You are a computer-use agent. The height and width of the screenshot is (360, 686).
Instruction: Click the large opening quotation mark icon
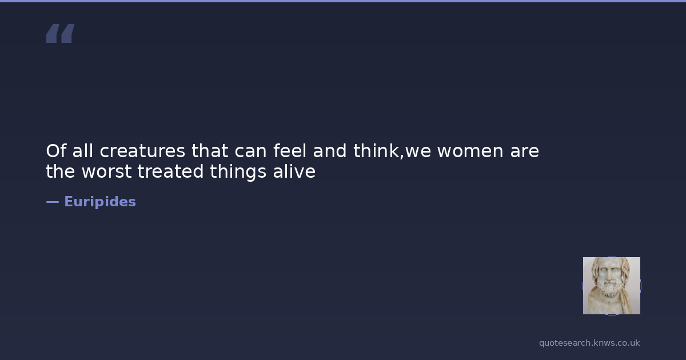tap(61, 33)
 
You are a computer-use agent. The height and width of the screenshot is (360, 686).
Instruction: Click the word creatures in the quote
tap(142, 151)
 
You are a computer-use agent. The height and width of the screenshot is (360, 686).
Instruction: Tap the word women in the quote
tap(470, 151)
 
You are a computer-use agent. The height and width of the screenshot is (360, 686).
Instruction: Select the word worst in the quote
tap(106, 171)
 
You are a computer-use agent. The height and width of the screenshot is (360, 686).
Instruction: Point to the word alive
tap(294, 171)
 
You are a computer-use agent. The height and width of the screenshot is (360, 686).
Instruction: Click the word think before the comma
tap(376, 151)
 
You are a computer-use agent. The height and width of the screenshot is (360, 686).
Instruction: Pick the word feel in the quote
tap(289, 151)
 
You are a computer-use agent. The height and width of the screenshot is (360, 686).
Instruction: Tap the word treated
tap(170, 171)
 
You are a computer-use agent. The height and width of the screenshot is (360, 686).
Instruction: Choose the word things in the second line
tap(238, 172)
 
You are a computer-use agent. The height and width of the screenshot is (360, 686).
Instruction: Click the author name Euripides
tap(100, 202)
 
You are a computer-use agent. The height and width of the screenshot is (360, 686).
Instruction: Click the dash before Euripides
tap(53, 202)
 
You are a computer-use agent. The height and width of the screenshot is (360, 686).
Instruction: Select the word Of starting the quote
tap(57, 151)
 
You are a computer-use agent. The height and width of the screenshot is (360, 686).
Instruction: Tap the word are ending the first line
tap(524, 151)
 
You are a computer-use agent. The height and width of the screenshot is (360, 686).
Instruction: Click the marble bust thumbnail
tap(611, 286)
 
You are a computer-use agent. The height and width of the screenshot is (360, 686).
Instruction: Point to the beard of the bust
tap(611, 289)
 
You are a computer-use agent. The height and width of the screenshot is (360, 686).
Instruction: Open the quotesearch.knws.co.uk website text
tap(589, 343)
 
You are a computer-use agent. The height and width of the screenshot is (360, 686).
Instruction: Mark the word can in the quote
tap(250, 151)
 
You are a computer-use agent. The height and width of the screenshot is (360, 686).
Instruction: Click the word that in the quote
tap(210, 151)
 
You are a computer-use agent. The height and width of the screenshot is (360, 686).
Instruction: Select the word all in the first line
tap(83, 151)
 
